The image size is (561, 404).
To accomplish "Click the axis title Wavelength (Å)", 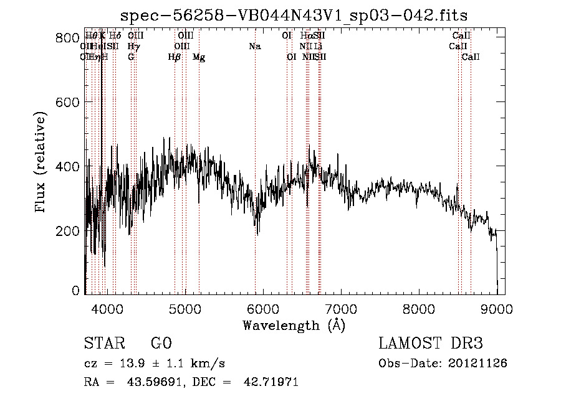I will (294, 325).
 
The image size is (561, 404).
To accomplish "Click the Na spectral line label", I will (254, 47).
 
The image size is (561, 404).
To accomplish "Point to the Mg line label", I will (199, 57).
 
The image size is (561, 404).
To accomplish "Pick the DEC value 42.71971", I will (271, 382).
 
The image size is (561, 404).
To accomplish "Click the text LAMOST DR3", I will (431, 344).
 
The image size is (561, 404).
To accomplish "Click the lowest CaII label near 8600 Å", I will (471, 57).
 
